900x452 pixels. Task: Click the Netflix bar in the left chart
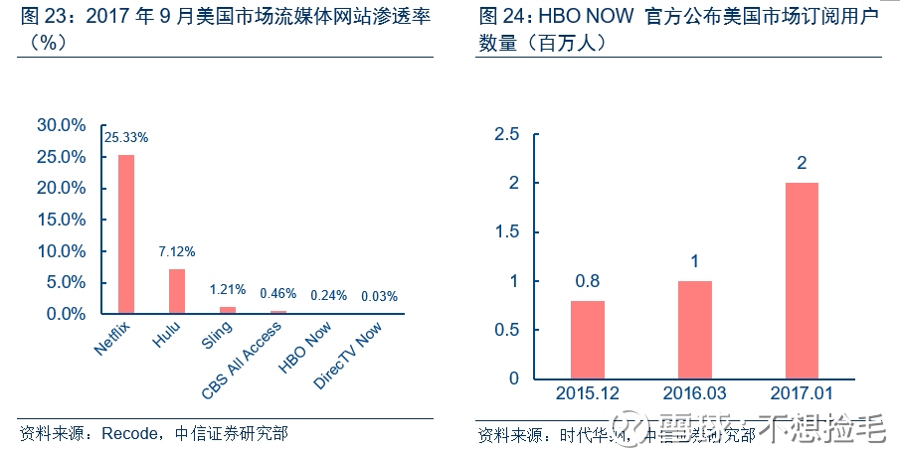pyautogui.click(x=126, y=234)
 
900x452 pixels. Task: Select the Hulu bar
pyautogui.click(x=177, y=291)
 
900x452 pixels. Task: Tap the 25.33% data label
pyautogui.click(x=127, y=137)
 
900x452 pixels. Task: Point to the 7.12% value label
pyautogui.click(x=177, y=251)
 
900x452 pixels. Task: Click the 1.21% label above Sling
pyautogui.click(x=227, y=290)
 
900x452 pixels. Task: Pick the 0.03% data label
pyautogui.click(x=379, y=296)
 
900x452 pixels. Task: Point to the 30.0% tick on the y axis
pyautogui.click(x=62, y=125)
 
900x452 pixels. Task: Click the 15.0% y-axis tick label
pyautogui.click(x=62, y=220)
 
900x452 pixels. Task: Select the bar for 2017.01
pyautogui.click(x=802, y=280)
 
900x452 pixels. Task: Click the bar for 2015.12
pyautogui.click(x=587, y=340)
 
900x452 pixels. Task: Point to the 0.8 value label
pyautogui.click(x=587, y=282)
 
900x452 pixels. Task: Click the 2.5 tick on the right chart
pyautogui.click(x=507, y=135)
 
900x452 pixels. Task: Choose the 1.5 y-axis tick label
pyautogui.click(x=507, y=232)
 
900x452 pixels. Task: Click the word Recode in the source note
pyautogui.click(x=130, y=433)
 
